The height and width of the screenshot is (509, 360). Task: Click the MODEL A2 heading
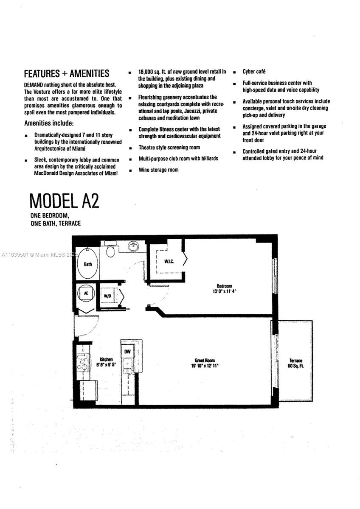65,201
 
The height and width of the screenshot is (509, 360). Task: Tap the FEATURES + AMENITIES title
67,74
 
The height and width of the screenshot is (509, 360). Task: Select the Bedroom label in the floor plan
224,286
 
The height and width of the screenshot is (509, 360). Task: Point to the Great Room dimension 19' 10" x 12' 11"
205,366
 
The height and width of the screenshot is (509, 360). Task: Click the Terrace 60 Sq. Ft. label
295,363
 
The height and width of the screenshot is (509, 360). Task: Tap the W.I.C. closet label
169,261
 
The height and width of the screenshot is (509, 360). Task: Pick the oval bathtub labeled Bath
88,264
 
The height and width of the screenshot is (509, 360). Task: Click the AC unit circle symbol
86,293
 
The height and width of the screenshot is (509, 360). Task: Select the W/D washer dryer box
107,296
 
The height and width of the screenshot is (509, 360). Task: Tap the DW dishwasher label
127,352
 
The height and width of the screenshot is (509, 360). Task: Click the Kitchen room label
106,359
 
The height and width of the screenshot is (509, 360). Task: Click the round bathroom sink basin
133,246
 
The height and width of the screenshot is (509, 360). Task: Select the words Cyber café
254,72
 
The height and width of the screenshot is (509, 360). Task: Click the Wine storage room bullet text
158,170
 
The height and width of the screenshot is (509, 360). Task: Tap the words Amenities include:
49,123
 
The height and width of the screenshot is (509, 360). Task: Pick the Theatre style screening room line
169,148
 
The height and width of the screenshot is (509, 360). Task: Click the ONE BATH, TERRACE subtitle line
56,224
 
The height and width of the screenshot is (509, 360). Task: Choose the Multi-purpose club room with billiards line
178,158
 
